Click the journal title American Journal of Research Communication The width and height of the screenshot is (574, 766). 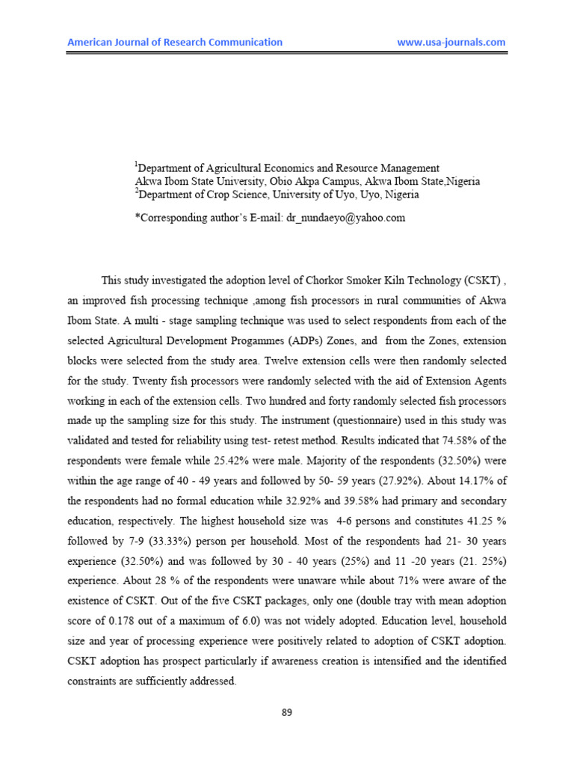[x=175, y=43]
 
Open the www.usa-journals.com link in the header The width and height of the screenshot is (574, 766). [x=451, y=43]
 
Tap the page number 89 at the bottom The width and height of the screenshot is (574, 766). [x=286, y=712]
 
